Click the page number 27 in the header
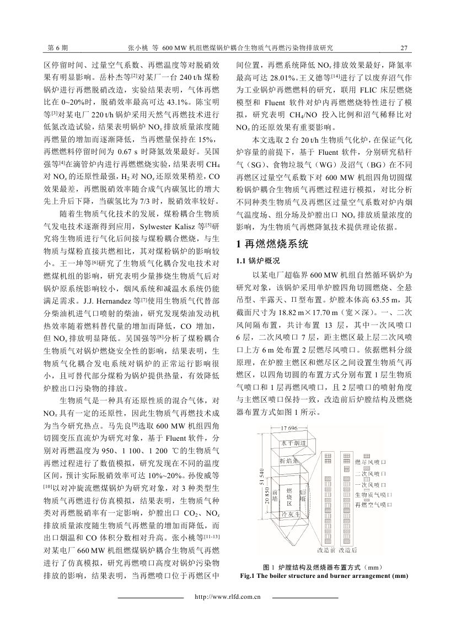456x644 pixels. (x=403, y=48)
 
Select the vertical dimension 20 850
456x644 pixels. (x=269, y=499)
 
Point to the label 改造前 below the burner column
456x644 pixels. (x=326, y=549)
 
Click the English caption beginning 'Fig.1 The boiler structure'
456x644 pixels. (x=324, y=576)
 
